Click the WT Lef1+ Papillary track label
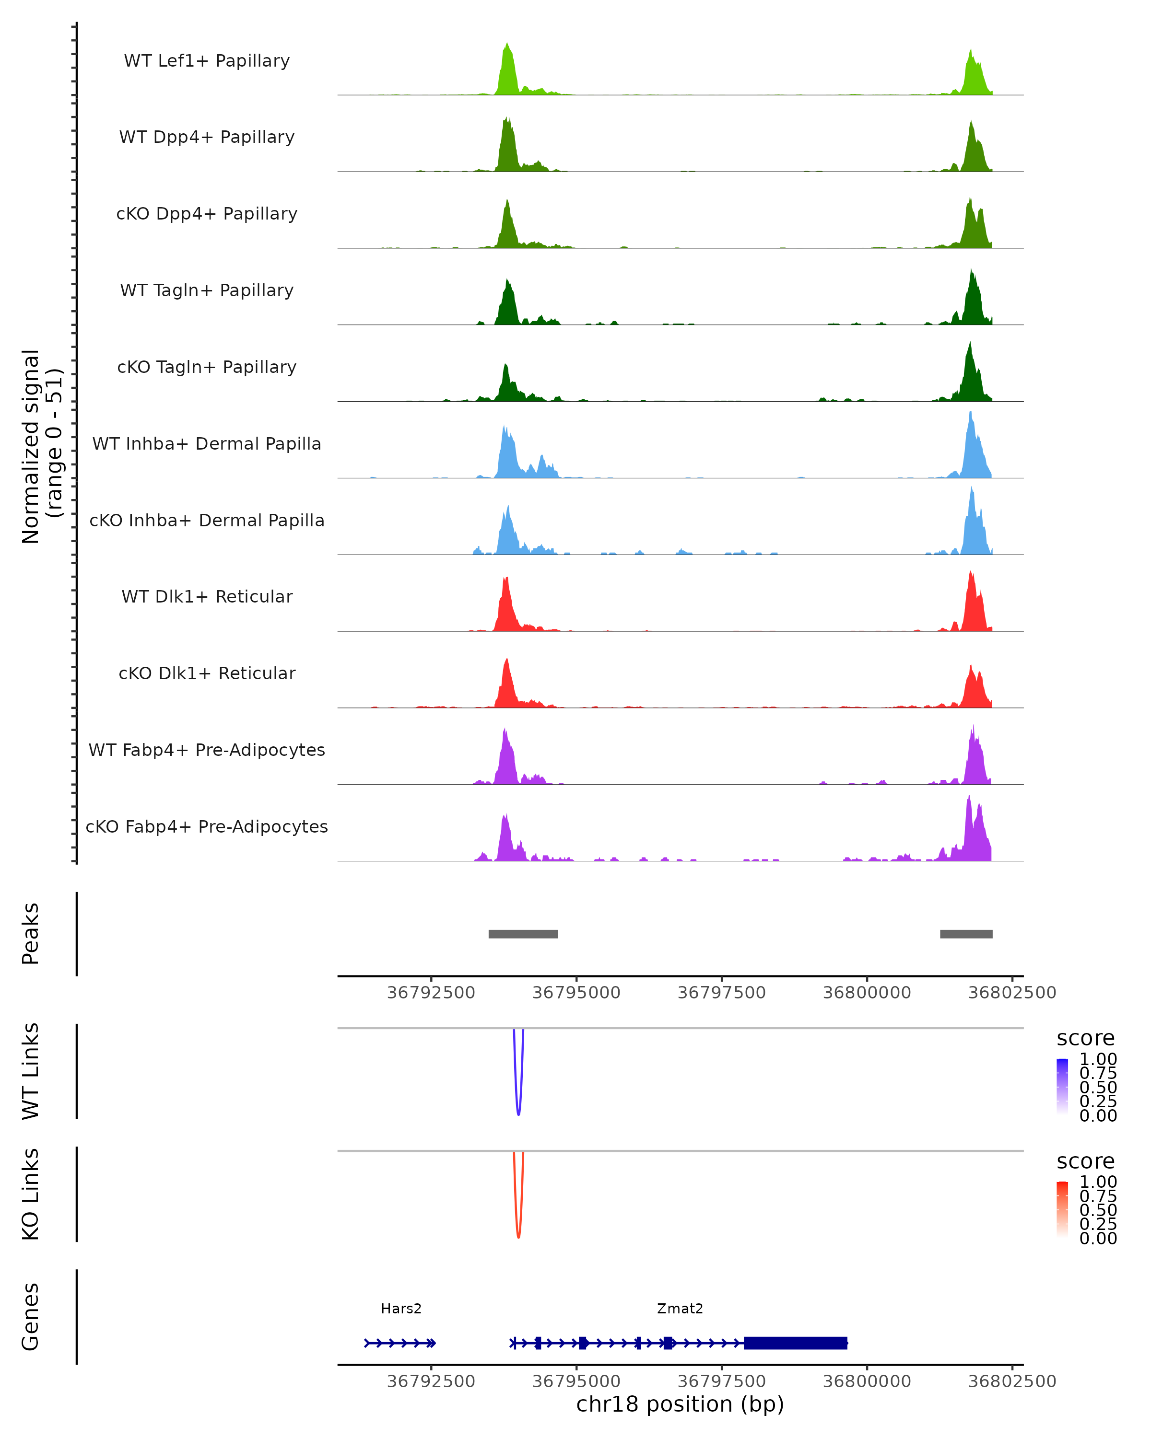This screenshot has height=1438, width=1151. point(207,61)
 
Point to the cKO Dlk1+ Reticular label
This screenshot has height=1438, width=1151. point(207,673)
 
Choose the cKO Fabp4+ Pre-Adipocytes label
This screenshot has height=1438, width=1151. point(207,826)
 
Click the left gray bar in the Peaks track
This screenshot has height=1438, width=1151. point(523,934)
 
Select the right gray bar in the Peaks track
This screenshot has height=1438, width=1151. point(966,934)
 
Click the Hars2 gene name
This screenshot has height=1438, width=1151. point(401,1309)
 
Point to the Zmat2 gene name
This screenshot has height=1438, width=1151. point(680,1309)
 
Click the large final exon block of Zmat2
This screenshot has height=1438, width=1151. point(795,1343)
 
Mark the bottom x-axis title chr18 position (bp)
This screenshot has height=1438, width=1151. point(680,1404)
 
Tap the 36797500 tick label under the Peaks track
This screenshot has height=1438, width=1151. point(721,993)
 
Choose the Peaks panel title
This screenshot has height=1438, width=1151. point(31,934)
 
